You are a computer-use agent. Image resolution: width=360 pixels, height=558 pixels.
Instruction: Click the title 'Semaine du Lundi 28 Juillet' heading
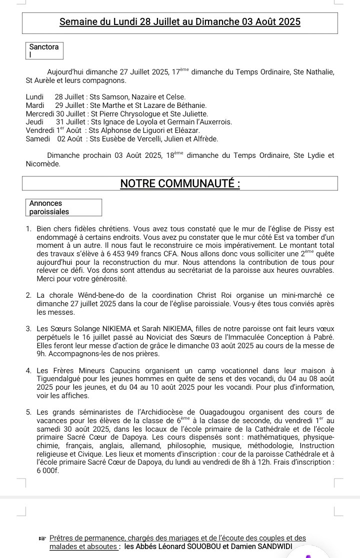tap(180, 22)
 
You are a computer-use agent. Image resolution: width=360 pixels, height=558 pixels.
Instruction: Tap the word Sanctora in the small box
tap(43, 47)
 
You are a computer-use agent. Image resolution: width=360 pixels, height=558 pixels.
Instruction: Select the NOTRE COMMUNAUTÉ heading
tap(180, 184)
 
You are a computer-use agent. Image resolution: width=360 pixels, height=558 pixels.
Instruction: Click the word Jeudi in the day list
tap(34, 122)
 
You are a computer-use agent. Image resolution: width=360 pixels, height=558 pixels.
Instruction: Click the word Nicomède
tap(43, 163)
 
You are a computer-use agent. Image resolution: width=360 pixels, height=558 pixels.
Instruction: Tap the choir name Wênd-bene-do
tap(103, 296)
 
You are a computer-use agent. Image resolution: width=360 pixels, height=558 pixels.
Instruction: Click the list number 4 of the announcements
tap(28, 371)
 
